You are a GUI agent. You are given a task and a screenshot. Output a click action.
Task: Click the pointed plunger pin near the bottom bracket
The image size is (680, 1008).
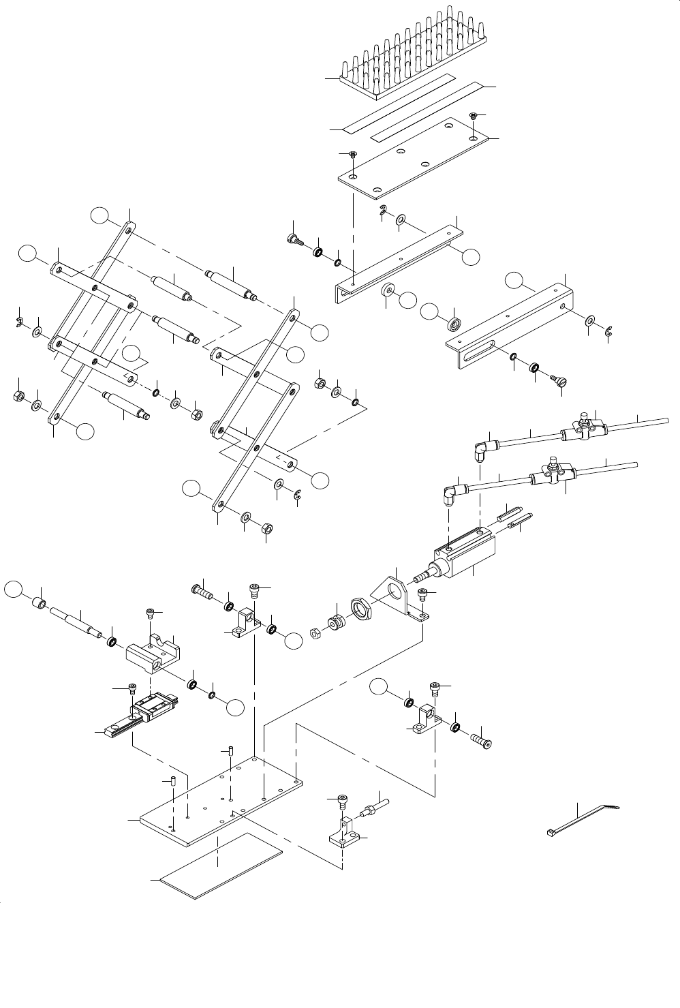coord(371,808)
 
